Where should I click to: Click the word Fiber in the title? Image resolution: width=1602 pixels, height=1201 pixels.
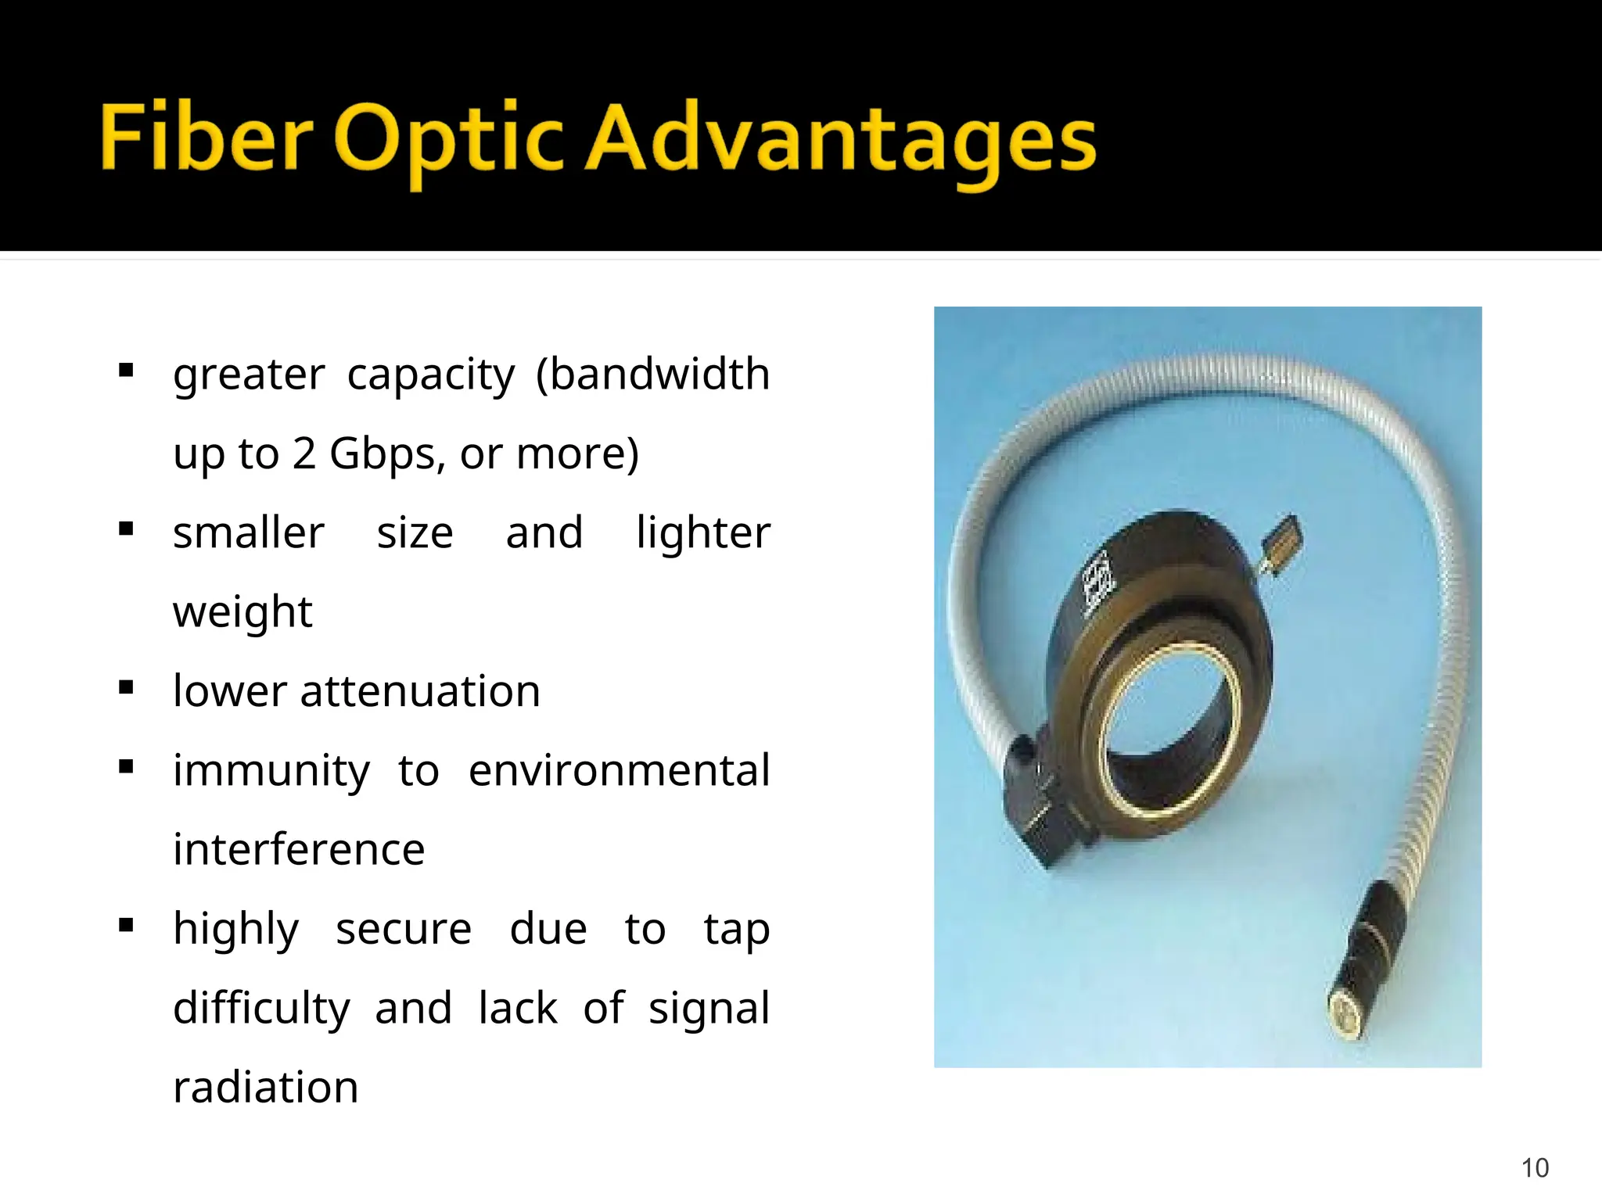tap(207, 138)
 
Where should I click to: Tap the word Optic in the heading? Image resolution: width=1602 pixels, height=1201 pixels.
tap(449, 141)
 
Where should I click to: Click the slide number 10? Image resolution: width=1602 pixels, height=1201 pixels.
tap(1535, 1167)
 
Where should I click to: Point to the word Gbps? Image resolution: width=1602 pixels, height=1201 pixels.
tap(386, 454)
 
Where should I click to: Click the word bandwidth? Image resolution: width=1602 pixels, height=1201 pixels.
tap(653, 374)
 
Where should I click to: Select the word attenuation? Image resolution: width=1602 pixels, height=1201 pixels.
tap(419, 691)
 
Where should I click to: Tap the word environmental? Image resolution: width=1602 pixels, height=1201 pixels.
tap(619, 770)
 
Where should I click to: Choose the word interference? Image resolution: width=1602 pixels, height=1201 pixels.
tap(299, 849)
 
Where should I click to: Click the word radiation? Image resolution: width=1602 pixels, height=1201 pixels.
tap(266, 1087)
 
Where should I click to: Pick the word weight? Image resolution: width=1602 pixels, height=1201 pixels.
tap(242, 612)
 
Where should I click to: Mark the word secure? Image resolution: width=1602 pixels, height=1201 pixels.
tap(404, 929)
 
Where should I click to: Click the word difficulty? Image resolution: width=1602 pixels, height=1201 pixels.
tap(261, 1008)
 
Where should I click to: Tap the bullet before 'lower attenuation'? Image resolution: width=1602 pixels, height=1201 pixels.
tap(126, 689)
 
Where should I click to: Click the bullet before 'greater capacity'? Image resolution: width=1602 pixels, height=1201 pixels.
tap(126, 371)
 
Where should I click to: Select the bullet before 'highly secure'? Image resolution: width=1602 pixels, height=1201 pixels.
tap(126, 927)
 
